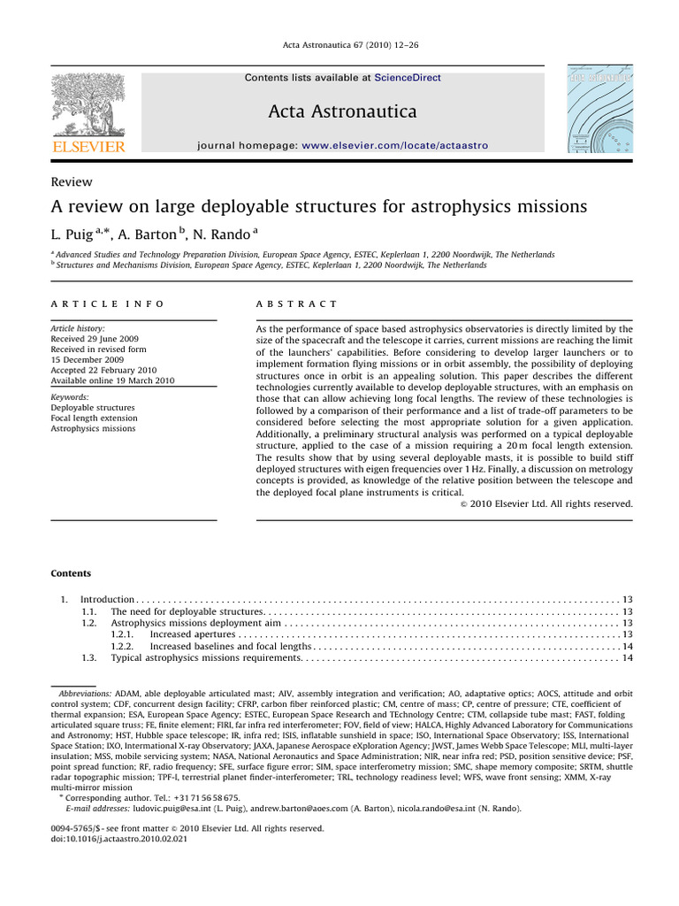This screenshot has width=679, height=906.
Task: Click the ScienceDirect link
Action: (408, 78)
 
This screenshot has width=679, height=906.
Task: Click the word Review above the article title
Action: (72, 182)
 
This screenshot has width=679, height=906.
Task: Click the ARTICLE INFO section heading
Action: (107, 303)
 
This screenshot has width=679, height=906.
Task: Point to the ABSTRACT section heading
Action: (296, 303)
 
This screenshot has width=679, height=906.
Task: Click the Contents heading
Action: (71, 572)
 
